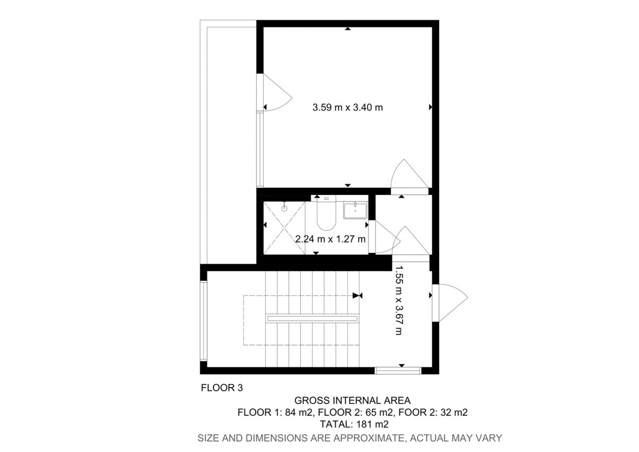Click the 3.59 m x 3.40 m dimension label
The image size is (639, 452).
tap(347, 108)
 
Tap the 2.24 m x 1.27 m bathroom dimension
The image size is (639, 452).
tap(330, 239)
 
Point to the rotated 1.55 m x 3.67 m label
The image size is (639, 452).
tap(399, 300)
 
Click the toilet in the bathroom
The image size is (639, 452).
tap(326, 213)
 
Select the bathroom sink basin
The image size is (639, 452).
tap(355, 210)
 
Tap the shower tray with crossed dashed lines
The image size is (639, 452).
tap(284, 227)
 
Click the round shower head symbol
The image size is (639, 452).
tap(284, 208)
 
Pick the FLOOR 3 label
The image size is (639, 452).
tap(222, 388)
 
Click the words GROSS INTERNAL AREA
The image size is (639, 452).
tap(353, 401)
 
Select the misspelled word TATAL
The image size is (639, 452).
tap(337, 424)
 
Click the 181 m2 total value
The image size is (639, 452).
tap(372, 424)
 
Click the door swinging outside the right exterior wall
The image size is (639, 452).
tap(450, 303)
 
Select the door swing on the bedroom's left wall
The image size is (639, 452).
tap(277, 93)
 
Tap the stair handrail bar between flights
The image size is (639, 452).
tap(312, 318)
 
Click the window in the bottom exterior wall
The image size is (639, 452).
tap(398, 371)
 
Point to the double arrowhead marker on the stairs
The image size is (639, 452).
tap(357, 295)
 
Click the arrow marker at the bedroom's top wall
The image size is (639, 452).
tap(347, 29)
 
